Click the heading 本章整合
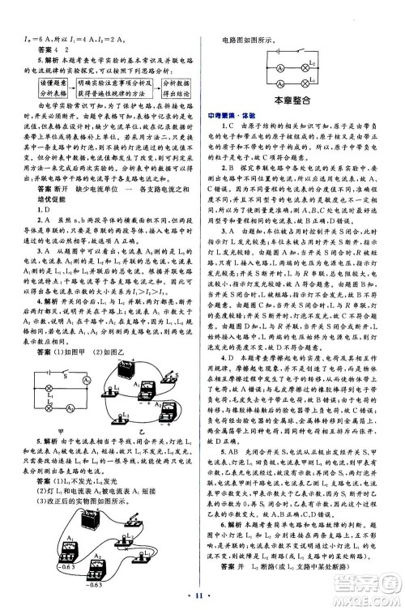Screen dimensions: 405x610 pyautogui.click(x=304, y=100)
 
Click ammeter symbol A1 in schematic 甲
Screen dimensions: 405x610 pyautogui.click(x=78, y=394)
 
